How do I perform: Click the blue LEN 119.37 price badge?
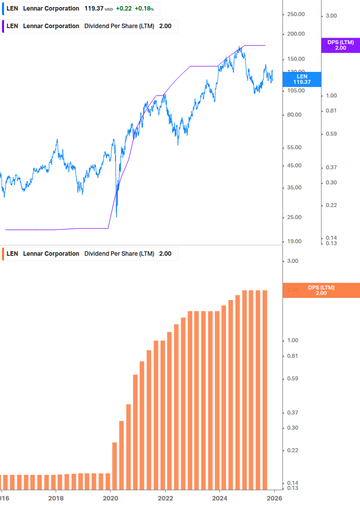click(302, 79)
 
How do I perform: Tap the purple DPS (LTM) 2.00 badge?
click(340, 45)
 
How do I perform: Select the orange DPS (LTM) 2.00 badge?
click(321, 290)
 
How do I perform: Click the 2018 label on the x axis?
click(56, 498)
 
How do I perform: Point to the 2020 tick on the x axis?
click(110, 498)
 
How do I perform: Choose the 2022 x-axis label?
click(165, 498)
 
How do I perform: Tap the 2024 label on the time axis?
click(220, 498)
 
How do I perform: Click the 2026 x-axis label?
click(274, 498)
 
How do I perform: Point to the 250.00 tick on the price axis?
click(296, 14)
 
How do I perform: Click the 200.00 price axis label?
click(296, 34)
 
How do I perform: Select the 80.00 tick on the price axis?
click(294, 115)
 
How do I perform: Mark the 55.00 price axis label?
click(294, 147)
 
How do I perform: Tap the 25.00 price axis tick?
click(294, 217)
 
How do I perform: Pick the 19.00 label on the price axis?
click(294, 241)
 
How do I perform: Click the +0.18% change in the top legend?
click(144, 9)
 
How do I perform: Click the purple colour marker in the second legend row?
click(3, 26)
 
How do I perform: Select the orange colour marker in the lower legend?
click(3, 254)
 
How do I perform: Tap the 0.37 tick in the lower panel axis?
click(292, 413)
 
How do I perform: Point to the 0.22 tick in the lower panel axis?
click(292, 450)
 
